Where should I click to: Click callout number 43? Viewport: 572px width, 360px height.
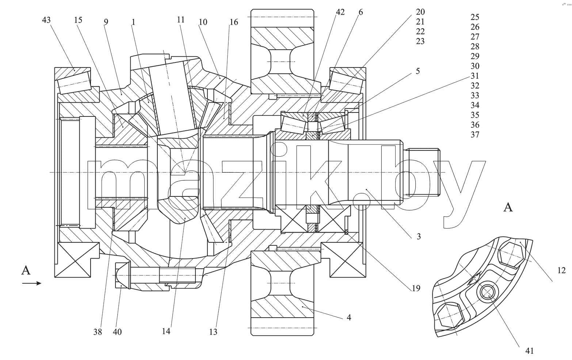click(x=46, y=20)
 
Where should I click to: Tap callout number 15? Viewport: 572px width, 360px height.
click(x=78, y=20)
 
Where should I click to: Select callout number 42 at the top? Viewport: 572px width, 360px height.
click(x=340, y=12)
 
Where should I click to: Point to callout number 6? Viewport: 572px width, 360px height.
click(x=361, y=12)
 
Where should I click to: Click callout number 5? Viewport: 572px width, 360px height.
click(x=418, y=71)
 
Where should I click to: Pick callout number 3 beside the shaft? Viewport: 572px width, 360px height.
click(x=419, y=237)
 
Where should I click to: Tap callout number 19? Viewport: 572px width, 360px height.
click(x=416, y=288)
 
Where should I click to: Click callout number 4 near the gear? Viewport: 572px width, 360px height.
click(x=349, y=317)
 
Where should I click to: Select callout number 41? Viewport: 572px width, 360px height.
click(x=530, y=351)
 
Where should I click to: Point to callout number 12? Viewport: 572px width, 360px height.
click(x=561, y=270)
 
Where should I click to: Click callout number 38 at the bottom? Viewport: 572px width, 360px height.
click(x=98, y=332)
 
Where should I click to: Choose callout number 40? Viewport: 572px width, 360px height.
click(x=117, y=332)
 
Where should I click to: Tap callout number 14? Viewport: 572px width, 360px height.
click(x=166, y=331)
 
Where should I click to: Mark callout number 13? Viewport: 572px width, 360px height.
click(x=213, y=332)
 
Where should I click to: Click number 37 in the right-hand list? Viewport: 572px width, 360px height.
click(x=475, y=135)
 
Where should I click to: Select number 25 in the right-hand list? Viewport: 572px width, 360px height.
click(x=475, y=17)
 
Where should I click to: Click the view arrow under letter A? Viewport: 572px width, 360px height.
click(x=32, y=283)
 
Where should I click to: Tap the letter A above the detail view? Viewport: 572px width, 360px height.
click(x=508, y=207)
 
